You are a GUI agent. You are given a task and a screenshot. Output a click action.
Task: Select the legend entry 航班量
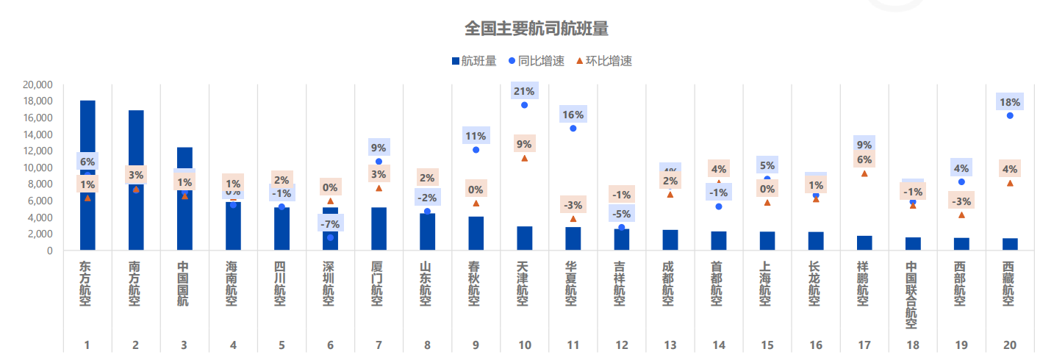[x=473, y=61]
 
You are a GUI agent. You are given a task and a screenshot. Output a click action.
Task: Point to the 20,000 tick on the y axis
[x=37, y=84]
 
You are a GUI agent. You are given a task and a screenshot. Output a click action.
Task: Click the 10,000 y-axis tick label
[x=37, y=168]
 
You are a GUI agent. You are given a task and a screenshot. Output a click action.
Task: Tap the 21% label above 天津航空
[x=524, y=91]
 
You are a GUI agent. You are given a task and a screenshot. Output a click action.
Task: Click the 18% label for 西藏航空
[x=1010, y=102]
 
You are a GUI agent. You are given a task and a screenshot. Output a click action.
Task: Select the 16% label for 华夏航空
[x=573, y=115]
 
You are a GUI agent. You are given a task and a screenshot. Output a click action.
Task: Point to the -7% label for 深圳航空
[x=330, y=223]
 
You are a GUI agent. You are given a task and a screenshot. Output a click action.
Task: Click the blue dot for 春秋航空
[x=476, y=150]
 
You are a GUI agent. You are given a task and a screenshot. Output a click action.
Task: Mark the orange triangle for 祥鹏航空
[x=864, y=174]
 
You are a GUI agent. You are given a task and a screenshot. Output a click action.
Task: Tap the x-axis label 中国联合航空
[x=911, y=295]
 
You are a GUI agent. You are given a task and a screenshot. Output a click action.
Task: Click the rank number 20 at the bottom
[x=1010, y=345]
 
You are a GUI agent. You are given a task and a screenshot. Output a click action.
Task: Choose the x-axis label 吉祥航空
[x=621, y=284]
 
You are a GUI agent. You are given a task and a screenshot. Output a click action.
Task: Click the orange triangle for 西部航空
[x=961, y=215]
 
